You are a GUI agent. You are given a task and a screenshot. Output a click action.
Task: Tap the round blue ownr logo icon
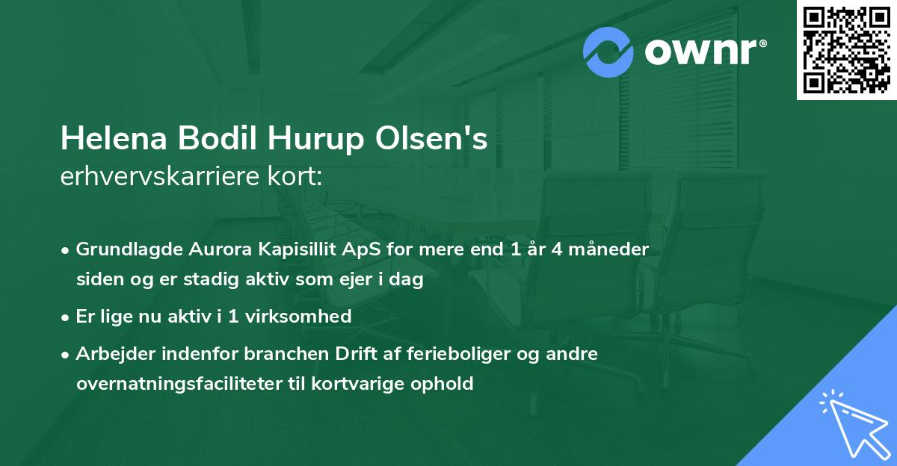pos(608,52)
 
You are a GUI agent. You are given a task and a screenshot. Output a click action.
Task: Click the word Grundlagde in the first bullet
pos(123,249)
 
